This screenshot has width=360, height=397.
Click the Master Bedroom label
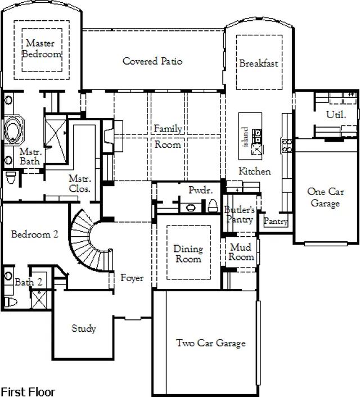(x=42, y=48)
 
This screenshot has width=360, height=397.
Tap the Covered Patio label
(x=152, y=61)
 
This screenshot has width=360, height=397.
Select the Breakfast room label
(x=259, y=63)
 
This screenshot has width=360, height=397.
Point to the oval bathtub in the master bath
(x=13, y=130)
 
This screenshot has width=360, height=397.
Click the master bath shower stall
(x=56, y=141)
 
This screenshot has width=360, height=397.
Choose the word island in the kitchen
(x=245, y=137)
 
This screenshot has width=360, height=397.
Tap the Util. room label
(x=336, y=115)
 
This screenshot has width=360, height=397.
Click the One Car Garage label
(x=326, y=197)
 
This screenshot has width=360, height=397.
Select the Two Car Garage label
(x=211, y=343)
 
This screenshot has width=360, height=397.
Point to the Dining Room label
(x=188, y=254)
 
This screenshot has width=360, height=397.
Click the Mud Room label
(x=241, y=252)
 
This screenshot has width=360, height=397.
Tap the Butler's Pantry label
(x=240, y=214)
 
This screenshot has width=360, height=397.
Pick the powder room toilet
(x=213, y=206)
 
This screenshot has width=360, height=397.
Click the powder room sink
(x=191, y=207)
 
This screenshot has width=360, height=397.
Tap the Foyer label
(x=132, y=278)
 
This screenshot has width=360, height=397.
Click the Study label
(x=84, y=328)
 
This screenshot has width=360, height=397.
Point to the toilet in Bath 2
(x=11, y=302)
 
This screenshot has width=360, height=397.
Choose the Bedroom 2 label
(x=35, y=234)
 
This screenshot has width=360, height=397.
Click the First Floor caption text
(x=28, y=392)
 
